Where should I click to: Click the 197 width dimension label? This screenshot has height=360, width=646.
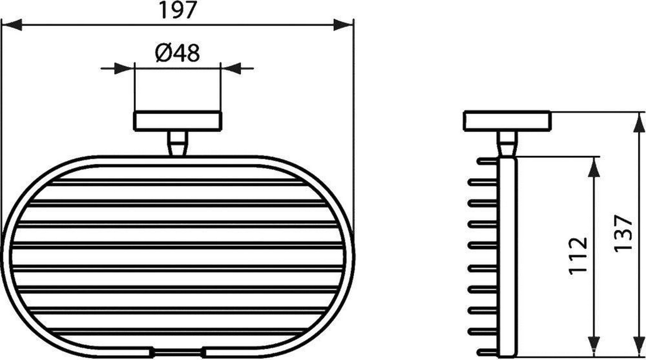click(x=178, y=10)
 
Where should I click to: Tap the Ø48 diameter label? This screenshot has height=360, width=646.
click(x=177, y=53)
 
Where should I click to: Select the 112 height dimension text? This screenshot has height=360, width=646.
click(x=578, y=256)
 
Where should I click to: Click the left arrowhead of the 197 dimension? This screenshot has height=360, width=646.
click(x=12, y=25)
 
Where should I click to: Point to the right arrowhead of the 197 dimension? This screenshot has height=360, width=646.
click(x=344, y=25)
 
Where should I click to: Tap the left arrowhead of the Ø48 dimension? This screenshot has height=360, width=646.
click(x=125, y=68)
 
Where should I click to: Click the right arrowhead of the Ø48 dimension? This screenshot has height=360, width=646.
click(x=230, y=68)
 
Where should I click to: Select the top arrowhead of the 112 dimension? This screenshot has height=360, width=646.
click(x=594, y=167)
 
